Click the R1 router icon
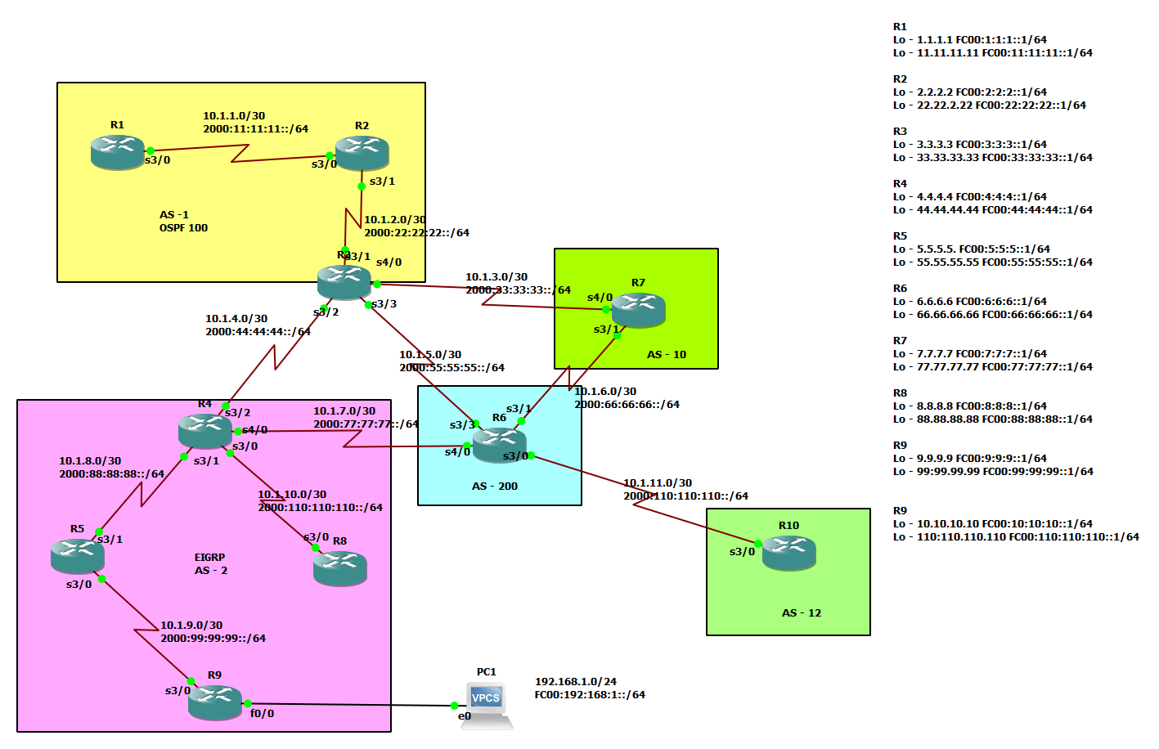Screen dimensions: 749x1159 [x=118, y=152]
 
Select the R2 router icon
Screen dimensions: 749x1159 [x=362, y=153]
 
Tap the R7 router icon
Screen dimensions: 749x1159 [x=638, y=310]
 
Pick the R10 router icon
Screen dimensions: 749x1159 [x=789, y=553]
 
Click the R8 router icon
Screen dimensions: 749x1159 [x=340, y=568]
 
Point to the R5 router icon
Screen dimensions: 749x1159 [x=78, y=556]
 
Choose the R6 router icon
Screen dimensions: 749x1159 [x=499, y=445]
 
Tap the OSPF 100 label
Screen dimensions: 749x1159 [x=183, y=228]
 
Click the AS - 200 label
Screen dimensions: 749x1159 [x=495, y=487]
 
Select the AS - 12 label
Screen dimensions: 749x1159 [x=802, y=613]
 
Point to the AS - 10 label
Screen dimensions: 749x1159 [x=667, y=355]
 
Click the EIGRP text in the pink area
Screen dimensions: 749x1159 [x=209, y=558]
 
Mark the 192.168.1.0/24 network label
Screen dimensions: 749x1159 [x=576, y=682]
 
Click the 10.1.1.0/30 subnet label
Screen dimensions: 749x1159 [x=234, y=116]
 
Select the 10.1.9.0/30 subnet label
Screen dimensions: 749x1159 [x=191, y=626]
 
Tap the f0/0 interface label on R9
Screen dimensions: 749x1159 [x=262, y=714]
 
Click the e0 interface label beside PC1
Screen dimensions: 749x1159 [x=465, y=716]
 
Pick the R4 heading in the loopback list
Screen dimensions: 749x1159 [x=900, y=184]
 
